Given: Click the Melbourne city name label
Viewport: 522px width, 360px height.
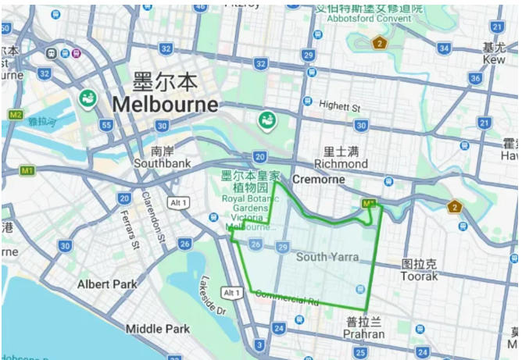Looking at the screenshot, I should click(x=165, y=104).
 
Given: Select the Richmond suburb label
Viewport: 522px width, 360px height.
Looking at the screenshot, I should click(x=341, y=164).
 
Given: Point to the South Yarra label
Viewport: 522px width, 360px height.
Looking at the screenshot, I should click(x=327, y=257).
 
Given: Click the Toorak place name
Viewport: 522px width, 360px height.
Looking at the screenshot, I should click(x=419, y=276).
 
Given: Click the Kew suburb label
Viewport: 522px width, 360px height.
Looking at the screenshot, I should click(x=494, y=59).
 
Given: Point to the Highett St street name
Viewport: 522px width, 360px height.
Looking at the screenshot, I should click(x=341, y=107).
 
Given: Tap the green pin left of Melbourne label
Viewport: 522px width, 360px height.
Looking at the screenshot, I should click(x=87, y=99).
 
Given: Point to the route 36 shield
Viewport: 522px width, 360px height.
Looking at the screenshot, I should click(x=474, y=79).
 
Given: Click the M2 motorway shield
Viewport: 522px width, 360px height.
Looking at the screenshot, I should click(x=15, y=114).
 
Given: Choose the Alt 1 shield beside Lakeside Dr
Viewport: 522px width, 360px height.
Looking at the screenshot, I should click(x=231, y=292).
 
